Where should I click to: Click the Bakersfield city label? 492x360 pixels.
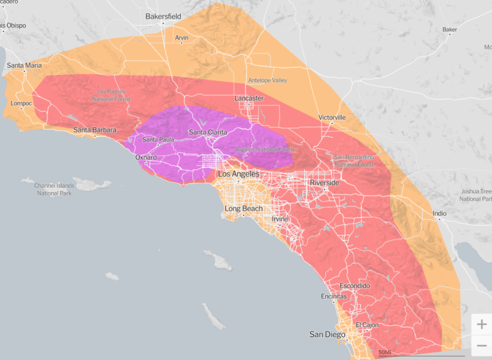coord(163,17)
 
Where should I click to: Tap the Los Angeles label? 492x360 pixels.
coord(239,174)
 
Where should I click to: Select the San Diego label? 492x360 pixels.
coord(327,334)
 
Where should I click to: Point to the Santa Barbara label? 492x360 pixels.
coord(94,130)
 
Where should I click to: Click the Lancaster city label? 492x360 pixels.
coord(248,98)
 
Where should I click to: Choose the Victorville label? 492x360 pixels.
coord(332,118)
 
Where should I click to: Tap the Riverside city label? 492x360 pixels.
coord(325,182)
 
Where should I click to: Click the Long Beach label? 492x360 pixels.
coord(244,209)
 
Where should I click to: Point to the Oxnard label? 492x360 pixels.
coord(146,158)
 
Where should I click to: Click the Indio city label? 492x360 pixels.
coord(440,214)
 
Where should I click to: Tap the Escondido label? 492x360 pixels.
coord(355,286)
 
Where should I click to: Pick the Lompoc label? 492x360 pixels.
coord(20,103)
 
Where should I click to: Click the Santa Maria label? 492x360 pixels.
coord(25,65)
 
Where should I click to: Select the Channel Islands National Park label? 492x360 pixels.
coord(54,190)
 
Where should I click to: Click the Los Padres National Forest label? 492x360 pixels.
coord(114,95)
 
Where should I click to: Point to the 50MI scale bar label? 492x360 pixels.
coord(385,352)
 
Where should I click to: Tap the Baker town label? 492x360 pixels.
coord(449,29)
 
